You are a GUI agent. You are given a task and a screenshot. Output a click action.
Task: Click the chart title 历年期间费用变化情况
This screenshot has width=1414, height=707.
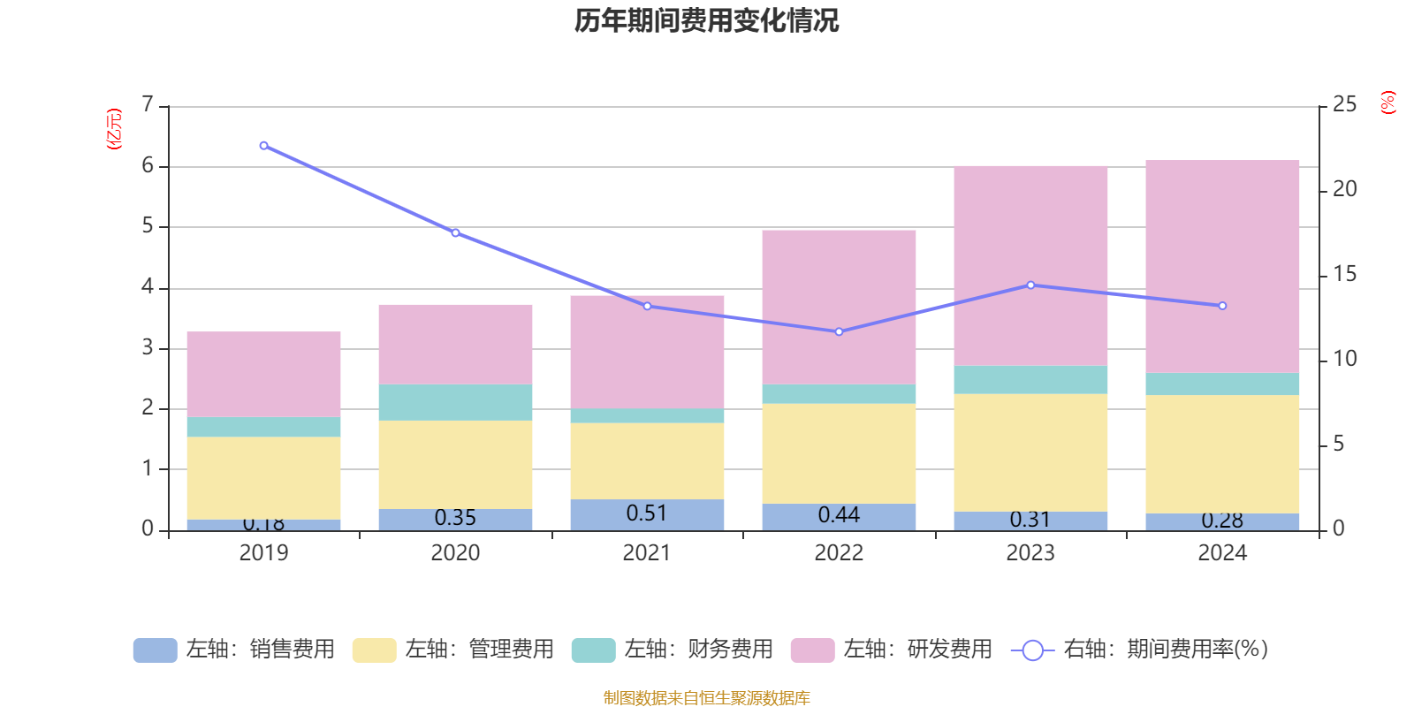(706, 20)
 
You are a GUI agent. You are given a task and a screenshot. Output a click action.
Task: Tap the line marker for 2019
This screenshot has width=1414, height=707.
(263, 146)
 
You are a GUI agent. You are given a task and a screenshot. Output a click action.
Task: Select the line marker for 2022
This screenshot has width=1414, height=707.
(839, 331)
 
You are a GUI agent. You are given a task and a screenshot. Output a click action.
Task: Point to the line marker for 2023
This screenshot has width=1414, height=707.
(1030, 285)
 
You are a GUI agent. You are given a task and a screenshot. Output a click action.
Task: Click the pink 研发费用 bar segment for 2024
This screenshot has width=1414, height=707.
(1222, 265)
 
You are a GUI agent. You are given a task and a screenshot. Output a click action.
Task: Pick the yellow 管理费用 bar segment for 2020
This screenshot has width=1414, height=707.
(455, 464)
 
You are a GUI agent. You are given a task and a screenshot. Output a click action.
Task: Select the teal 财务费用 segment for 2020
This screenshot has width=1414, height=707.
(455, 402)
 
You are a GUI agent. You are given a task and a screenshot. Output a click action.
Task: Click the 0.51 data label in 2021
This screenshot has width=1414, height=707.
(646, 513)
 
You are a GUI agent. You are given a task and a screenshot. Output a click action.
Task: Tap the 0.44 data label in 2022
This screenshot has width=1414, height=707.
(838, 515)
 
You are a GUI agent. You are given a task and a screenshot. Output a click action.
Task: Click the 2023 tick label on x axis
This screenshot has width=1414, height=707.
(1030, 553)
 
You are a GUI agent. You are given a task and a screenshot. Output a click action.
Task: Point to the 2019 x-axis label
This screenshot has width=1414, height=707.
(263, 553)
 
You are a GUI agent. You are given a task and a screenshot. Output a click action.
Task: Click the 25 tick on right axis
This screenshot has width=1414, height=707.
(1344, 105)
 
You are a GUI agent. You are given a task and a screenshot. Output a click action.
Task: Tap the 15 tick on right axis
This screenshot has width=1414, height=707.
(1344, 275)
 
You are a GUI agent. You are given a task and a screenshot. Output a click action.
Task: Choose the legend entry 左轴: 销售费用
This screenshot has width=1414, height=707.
(234, 650)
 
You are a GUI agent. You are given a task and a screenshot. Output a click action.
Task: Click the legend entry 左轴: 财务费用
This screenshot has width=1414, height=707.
(673, 650)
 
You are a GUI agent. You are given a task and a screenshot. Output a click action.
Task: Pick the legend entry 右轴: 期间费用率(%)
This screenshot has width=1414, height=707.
(1139, 650)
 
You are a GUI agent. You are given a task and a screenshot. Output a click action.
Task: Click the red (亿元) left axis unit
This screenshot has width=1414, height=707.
(114, 129)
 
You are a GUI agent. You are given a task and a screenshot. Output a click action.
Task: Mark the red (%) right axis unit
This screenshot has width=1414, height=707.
(1388, 103)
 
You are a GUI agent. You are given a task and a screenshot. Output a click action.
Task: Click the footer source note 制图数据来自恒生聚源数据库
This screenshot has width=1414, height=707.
(706, 698)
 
